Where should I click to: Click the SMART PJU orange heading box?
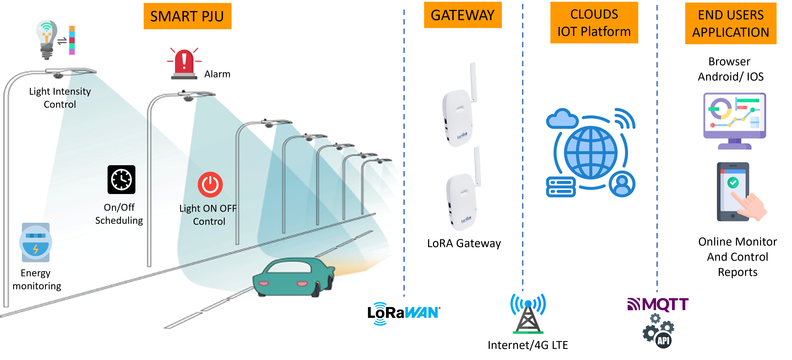tap(187, 16)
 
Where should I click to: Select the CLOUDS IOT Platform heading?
tap(594, 23)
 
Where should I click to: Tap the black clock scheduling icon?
tap(121, 180)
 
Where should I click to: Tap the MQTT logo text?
tap(658, 304)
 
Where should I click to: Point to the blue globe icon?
tap(591, 153)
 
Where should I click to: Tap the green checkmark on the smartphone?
tap(733, 183)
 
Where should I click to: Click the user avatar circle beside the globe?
tap(622, 184)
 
